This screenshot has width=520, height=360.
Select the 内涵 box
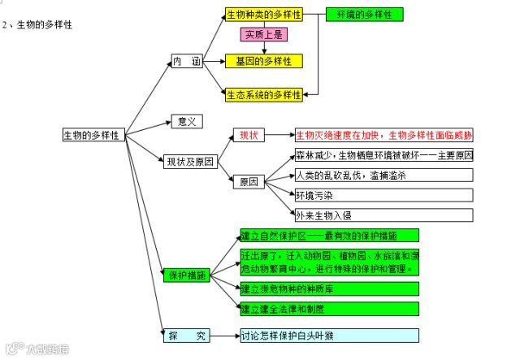coord(186,61)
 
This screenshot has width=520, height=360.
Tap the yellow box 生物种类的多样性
coord(263,15)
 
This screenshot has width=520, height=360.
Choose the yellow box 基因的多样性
coord(263,61)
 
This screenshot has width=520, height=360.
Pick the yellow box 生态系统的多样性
coord(263,94)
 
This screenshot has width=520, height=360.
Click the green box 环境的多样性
coord(364,15)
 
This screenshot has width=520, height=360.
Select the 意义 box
coord(186,121)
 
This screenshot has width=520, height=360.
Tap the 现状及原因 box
coord(189,161)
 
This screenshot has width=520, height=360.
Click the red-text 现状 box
coord(248,135)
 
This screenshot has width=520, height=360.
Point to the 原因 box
coord(248,182)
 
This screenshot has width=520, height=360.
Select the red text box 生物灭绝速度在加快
coord(383,135)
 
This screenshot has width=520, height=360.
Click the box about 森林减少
coord(383,154)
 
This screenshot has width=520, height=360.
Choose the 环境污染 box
coord(383,195)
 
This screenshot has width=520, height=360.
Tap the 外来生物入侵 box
coord(383,215)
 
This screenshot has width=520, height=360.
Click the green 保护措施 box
coord(187,275)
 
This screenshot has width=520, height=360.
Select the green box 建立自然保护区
coord(329,236)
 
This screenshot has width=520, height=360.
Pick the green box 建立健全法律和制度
coord(329,309)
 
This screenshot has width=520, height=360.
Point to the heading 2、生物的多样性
coord(37,25)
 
